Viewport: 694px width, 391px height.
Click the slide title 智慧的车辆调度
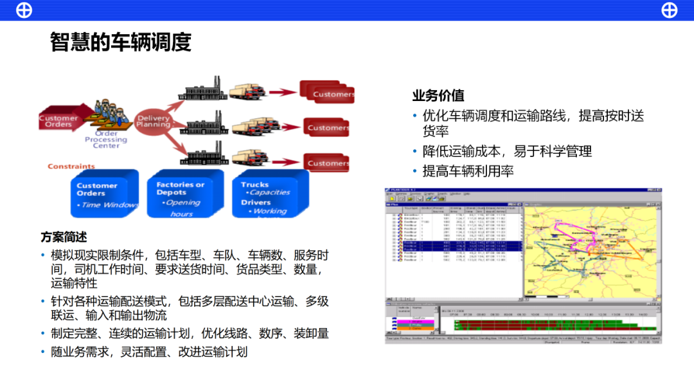click(121, 42)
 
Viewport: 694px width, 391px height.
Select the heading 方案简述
click(64, 237)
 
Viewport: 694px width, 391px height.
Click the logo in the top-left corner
click(24, 10)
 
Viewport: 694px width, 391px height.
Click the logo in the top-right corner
click(669, 10)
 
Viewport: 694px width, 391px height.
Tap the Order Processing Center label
click(106, 140)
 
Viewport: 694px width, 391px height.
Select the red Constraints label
click(71, 167)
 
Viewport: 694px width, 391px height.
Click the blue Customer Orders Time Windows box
click(104, 193)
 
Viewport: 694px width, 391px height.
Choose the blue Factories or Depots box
click(184, 193)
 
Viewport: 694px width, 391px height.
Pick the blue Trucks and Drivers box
click(270, 193)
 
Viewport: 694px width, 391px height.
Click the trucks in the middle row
click(248, 125)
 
